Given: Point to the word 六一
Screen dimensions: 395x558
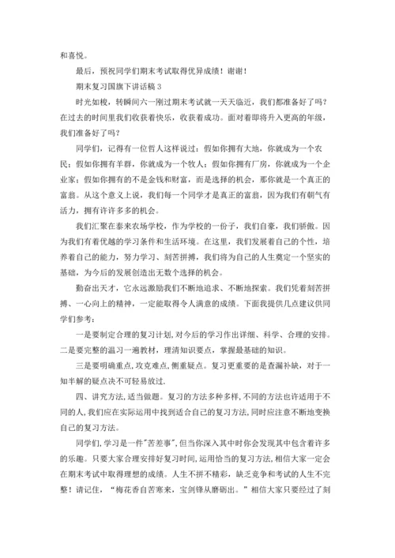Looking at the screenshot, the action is pos(145,103).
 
